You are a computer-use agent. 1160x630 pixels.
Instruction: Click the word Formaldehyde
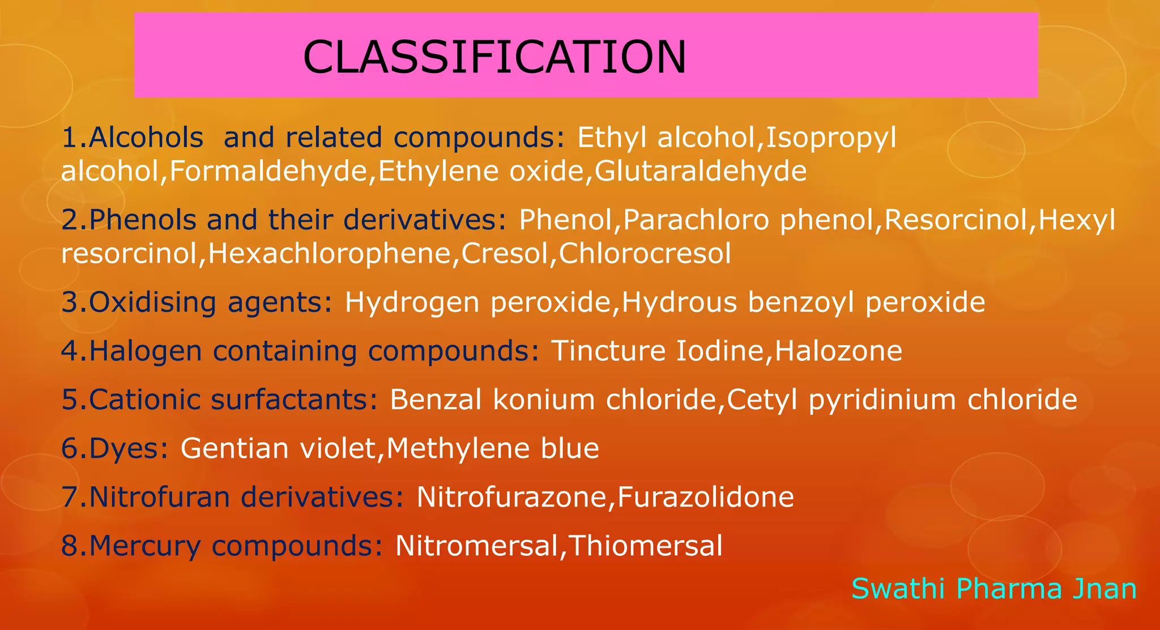click(268, 171)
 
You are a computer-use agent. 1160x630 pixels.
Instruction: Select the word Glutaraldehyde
click(701, 171)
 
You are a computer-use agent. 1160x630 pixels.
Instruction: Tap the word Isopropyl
click(831, 138)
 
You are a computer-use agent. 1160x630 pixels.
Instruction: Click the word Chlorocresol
click(645, 254)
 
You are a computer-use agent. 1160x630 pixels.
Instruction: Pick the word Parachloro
click(696, 220)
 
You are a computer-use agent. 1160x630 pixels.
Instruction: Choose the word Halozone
click(838, 351)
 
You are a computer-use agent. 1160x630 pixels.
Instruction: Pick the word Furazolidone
click(706, 497)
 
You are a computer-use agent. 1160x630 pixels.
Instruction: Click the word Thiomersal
click(645, 546)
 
